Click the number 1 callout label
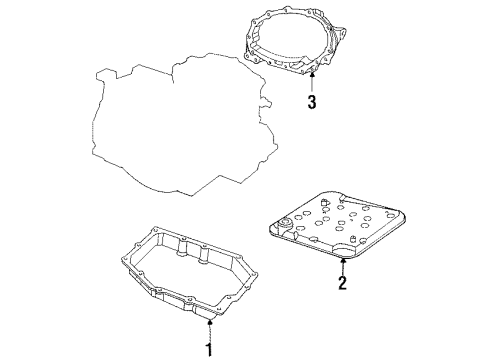210,349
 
